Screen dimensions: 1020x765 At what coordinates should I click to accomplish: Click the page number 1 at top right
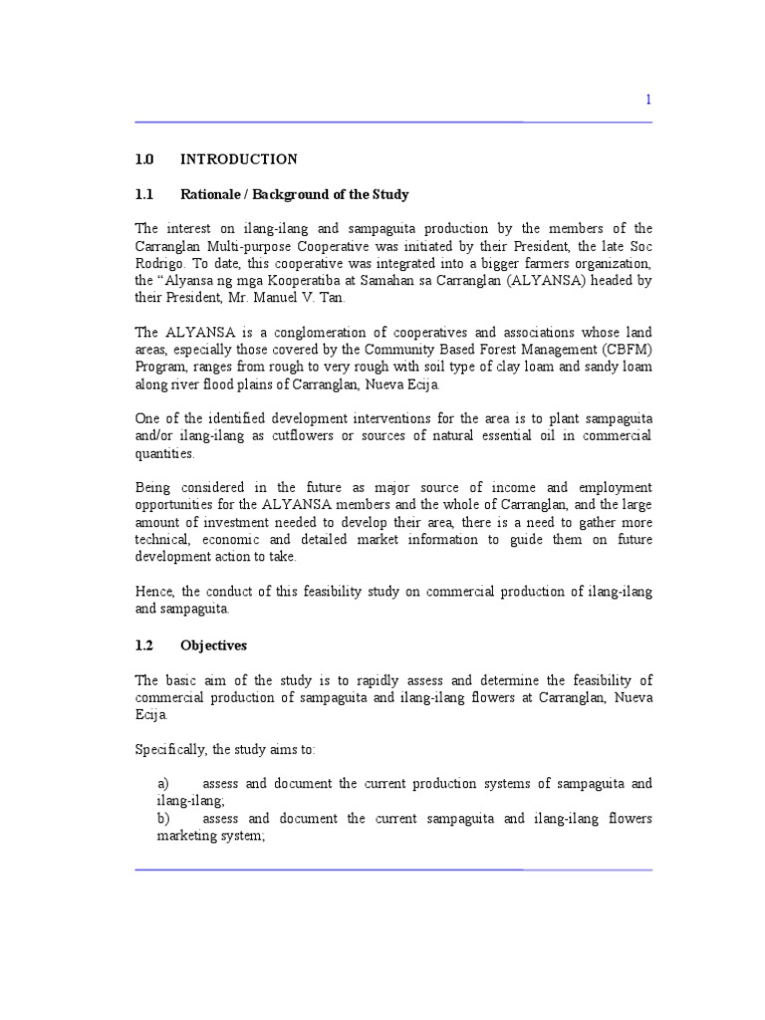point(648,99)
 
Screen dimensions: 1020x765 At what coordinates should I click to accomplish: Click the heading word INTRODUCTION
point(238,159)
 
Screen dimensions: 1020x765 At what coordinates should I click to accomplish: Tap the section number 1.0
point(144,159)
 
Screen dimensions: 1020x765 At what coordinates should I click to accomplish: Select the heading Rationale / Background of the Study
point(295,194)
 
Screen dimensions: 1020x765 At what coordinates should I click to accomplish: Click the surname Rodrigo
point(159,263)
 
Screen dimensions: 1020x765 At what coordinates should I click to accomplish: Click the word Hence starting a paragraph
point(154,592)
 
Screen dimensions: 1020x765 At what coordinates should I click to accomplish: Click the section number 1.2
point(144,644)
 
